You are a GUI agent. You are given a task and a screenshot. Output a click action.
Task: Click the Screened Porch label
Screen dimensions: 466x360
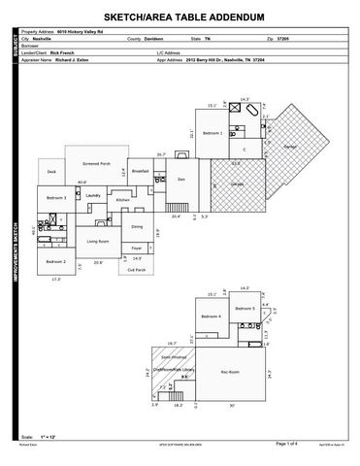(x=96, y=164)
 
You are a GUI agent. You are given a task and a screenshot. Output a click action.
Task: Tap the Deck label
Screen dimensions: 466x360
(x=52, y=172)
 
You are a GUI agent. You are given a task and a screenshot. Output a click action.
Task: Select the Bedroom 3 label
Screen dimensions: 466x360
(x=56, y=198)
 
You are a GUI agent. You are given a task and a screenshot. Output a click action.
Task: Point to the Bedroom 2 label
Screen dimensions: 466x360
(x=56, y=261)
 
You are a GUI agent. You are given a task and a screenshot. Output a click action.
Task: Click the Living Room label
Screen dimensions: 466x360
(x=98, y=241)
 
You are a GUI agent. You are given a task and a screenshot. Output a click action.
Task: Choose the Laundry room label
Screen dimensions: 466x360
(x=93, y=195)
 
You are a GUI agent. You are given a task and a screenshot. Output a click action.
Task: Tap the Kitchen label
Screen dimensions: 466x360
(x=122, y=200)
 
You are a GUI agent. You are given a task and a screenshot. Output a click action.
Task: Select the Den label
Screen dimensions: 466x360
(x=181, y=180)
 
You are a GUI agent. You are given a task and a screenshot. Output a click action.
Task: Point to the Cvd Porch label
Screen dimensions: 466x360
(x=137, y=270)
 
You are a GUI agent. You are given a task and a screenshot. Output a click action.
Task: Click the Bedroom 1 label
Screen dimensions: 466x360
(x=213, y=133)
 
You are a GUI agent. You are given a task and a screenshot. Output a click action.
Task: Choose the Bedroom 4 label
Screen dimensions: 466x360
(x=213, y=316)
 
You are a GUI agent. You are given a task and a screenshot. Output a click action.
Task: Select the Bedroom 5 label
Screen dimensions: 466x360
(x=245, y=308)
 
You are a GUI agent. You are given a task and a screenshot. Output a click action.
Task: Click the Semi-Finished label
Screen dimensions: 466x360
(x=175, y=356)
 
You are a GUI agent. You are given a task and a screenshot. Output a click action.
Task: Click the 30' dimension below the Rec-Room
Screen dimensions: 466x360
(x=231, y=406)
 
